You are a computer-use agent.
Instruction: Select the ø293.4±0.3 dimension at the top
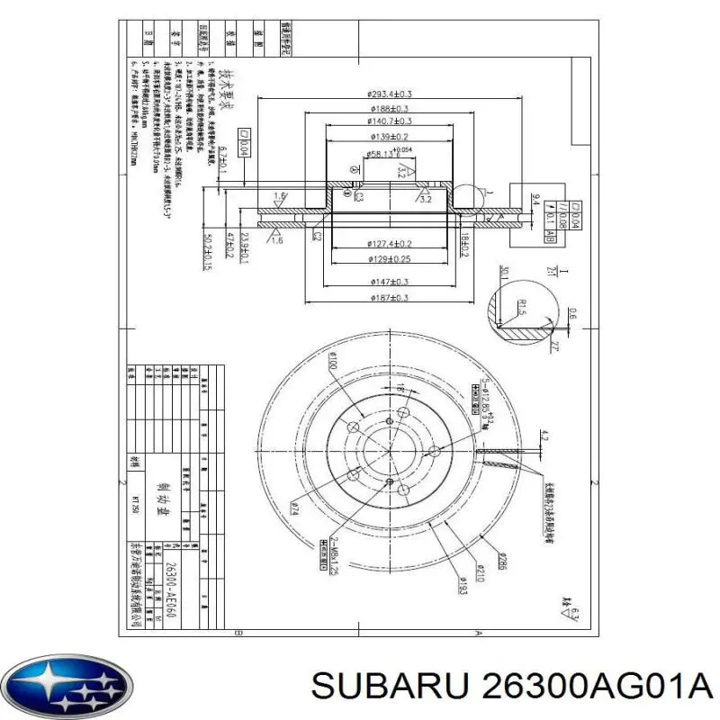pyautogui.click(x=390, y=94)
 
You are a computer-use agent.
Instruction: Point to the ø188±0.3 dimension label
pyautogui.click(x=390, y=108)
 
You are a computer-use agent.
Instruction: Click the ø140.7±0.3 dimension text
pyautogui.click(x=390, y=121)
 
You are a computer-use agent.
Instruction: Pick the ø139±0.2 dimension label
pyautogui.click(x=390, y=136)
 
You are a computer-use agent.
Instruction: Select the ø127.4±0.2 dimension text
pyautogui.click(x=390, y=244)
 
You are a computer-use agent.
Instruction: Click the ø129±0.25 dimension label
pyautogui.click(x=390, y=259)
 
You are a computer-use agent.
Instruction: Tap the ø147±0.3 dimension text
pyautogui.click(x=390, y=282)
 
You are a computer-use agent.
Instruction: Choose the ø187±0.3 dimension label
pyautogui.click(x=390, y=298)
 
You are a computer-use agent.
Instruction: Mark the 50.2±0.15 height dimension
pyautogui.click(x=210, y=251)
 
